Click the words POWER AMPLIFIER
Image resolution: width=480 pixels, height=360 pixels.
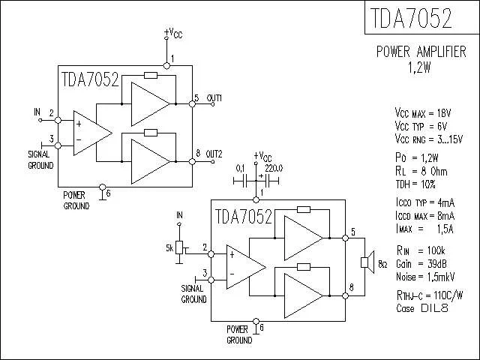click(x=421, y=52)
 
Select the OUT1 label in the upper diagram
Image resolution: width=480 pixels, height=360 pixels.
click(x=214, y=98)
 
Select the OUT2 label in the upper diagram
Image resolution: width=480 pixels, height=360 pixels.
click(x=214, y=153)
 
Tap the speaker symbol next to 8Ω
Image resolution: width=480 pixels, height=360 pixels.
click(x=367, y=262)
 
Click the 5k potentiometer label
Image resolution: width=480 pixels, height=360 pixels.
click(x=169, y=247)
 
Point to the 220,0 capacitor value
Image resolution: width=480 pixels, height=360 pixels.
click(x=274, y=168)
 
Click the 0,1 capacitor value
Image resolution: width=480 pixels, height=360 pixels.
click(x=241, y=168)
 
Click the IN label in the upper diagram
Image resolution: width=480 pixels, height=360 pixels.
click(x=37, y=112)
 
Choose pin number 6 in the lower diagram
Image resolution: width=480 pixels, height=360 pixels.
click(x=262, y=328)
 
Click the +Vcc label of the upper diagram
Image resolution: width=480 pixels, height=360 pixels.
click(x=172, y=33)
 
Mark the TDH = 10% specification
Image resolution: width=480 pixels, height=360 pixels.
click(x=415, y=184)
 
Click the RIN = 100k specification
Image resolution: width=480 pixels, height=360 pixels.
click(x=421, y=250)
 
